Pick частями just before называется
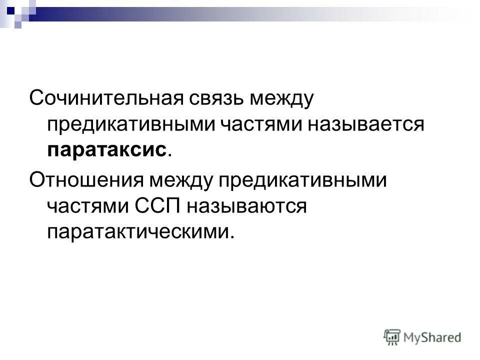coord(258,123)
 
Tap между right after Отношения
coord(184,178)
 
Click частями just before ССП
coord(86,205)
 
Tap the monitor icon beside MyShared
coord(392,336)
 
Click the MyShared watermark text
coord(433,337)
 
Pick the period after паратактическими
coord(231,237)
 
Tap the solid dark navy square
coord(10,7)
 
